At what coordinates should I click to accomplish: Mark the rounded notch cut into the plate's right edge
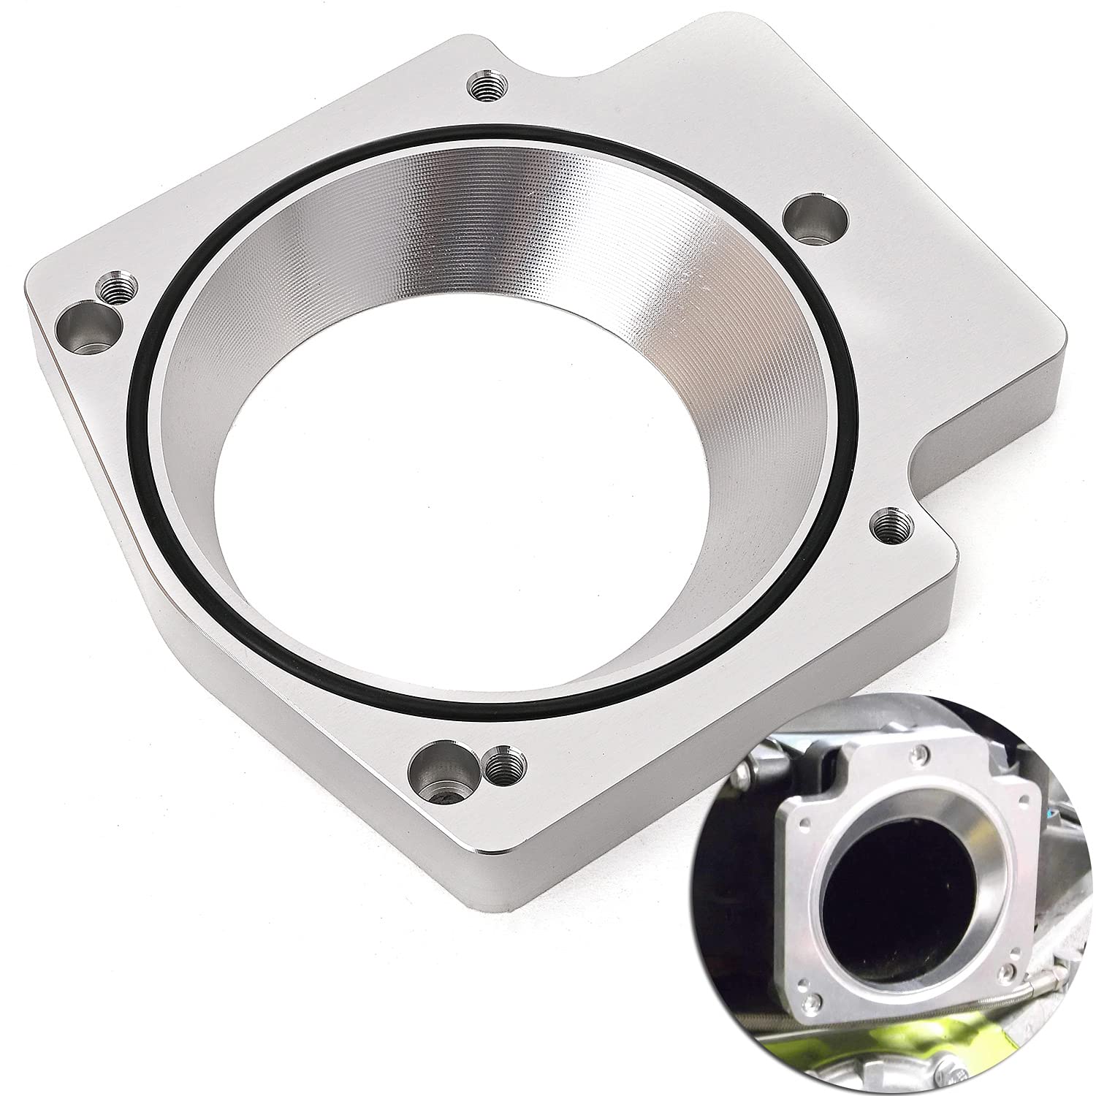(922, 468)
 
